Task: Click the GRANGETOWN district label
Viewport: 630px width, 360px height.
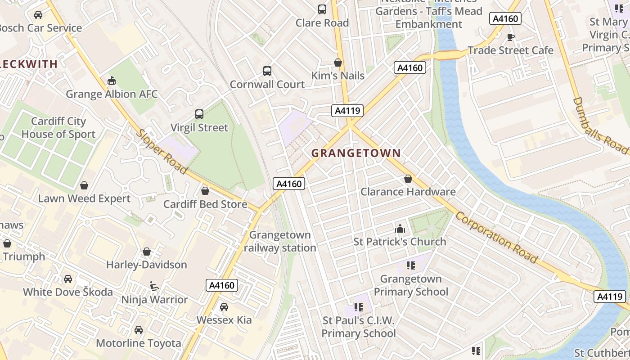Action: click(356, 153)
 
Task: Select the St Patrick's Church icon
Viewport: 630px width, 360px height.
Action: click(400, 229)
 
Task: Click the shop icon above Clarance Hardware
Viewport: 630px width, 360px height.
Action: click(408, 179)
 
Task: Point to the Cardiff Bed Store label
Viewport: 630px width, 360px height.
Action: click(205, 204)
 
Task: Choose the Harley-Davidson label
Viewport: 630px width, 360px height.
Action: click(146, 264)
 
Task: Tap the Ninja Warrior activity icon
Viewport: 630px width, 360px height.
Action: click(154, 286)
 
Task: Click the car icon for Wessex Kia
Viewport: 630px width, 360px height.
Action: click(224, 307)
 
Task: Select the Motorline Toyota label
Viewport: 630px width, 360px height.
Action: click(139, 343)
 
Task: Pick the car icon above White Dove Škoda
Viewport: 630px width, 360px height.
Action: click(68, 279)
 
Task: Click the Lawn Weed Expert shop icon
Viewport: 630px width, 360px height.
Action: click(84, 185)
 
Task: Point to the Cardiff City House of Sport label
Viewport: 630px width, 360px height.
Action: click(58, 128)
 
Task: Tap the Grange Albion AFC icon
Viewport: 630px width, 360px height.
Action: click(112, 81)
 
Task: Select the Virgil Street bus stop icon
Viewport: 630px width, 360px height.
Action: click(199, 114)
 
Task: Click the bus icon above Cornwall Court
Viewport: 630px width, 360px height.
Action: click(267, 71)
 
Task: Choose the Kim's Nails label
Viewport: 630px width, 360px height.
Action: click(338, 76)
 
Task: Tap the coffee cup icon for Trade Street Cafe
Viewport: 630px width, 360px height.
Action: click(510, 37)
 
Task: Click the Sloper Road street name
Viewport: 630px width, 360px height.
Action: click(162, 152)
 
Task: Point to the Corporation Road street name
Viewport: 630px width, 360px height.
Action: click(496, 237)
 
